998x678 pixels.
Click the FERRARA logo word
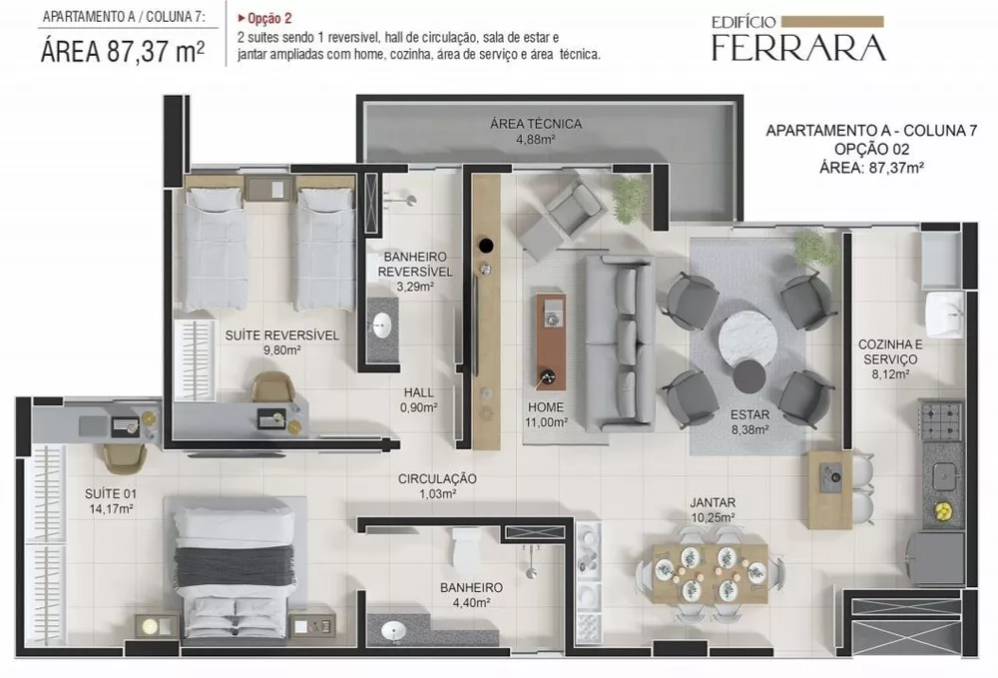pyautogui.click(x=797, y=47)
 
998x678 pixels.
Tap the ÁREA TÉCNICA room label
pyautogui.click(x=535, y=125)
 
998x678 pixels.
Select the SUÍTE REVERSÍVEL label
pyautogui.click(x=281, y=336)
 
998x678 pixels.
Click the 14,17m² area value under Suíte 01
pyautogui.click(x=110, y=507)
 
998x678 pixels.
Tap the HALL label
pyautogui.click(x=418, y=392)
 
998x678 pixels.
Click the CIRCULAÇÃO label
pyautogui.click(x=436, y=479)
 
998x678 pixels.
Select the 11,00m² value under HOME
pyautogui.click(x=547, y=422)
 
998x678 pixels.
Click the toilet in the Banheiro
pyautogui.click(x=466, y=548)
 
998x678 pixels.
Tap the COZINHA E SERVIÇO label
pyautogui.click(x=890, y=351)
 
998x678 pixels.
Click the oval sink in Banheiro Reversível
pyautogui.click(x=382, y=324)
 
